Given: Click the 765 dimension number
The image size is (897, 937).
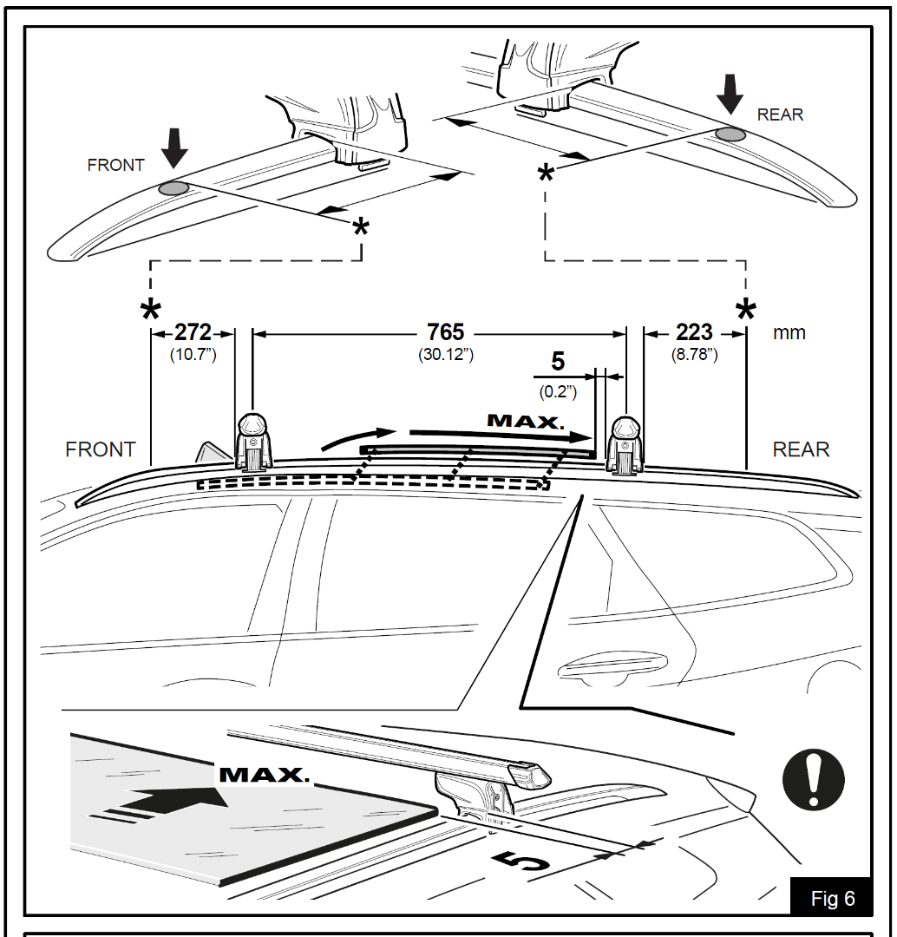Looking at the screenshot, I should tap(445, 332).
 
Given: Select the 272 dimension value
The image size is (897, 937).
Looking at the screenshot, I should tap(193, 332).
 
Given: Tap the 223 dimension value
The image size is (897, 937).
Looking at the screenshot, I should tap(694, 332).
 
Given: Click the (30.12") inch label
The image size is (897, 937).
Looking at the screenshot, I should tap(445, 355).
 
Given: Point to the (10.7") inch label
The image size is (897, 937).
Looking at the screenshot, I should tap(193, 355).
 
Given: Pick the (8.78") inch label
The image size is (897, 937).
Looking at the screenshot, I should tap(694, 355).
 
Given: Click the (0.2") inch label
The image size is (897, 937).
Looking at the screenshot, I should tap(558, 391).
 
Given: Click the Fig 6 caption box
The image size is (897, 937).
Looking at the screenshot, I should tap(831, 898).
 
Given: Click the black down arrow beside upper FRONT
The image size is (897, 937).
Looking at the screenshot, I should tap(174, 148).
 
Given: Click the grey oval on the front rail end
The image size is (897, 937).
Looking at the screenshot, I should tap(174, 188).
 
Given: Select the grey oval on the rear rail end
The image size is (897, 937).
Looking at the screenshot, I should tap(730, 134).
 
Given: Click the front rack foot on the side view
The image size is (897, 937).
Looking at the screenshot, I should tap(253, 442).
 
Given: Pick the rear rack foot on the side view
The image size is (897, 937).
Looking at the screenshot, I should tap(626, 445).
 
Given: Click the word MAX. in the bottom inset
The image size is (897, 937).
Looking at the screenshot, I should tap(264, 775).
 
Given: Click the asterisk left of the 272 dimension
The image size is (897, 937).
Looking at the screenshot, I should tap(151, 310).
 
